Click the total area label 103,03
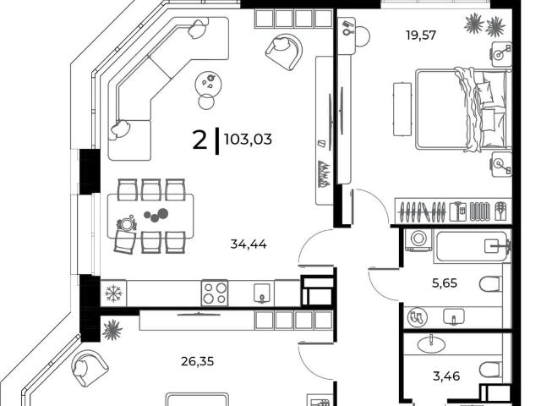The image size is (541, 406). point(248,140)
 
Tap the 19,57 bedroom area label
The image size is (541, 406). point(421,36)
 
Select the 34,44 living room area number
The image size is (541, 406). point(249,244)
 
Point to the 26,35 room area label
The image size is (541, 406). point(197,361)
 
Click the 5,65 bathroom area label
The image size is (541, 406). point(445,283)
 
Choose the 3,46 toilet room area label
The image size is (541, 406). point(446,376)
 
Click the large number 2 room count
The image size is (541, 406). point(199,140)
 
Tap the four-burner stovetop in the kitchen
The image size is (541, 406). point(215,294)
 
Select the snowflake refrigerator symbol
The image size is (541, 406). point(113,294)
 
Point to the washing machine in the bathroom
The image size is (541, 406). point(419,239)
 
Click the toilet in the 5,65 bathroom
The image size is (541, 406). point(490,283)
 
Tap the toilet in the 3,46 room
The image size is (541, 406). point(490,370)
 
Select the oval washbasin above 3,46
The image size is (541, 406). point(431,344)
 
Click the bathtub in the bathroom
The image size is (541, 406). point(473,246)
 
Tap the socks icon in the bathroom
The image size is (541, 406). point(417,317)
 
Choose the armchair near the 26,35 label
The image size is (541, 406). point(89,369)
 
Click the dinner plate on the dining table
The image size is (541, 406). point(126,224)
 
